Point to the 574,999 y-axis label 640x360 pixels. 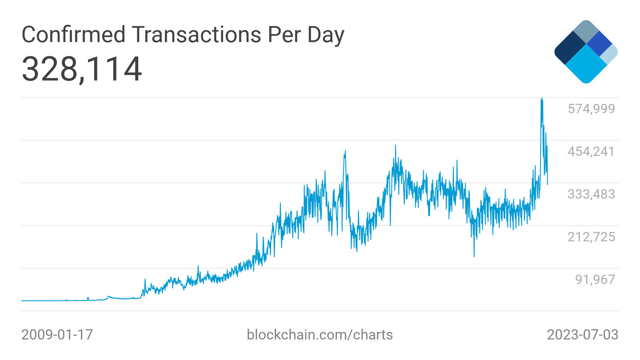point(591,108)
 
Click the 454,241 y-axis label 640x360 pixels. point(591,152)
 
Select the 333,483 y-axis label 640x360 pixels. point(591,194)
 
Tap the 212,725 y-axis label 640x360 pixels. point(591,237)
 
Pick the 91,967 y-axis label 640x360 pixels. point(595,280)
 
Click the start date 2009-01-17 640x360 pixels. point(57,335)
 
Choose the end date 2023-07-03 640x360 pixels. point(582,335)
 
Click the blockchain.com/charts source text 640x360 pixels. point(320,335)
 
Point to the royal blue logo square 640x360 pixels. point(599,43)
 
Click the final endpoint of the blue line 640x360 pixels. point(548,184)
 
